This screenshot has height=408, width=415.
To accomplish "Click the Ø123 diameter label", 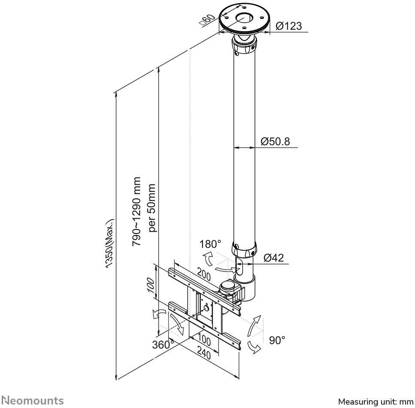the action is click(x=289, y=26).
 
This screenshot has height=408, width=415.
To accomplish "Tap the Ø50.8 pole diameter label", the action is click(x=275, y=141).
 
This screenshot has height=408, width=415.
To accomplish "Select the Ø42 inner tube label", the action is click(x=274, y=258).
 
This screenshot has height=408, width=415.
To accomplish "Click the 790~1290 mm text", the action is click(x=137, y=211).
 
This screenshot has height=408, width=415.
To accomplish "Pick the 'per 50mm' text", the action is click(x=151, y=208).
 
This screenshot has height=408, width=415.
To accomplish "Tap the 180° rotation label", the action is click(x=210, y=244).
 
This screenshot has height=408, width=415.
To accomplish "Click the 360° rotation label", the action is click(x=163, y=345).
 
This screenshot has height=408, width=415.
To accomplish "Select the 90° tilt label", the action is click(x=277, y=340).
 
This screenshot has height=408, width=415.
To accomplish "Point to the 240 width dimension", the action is click(x=204, y=354).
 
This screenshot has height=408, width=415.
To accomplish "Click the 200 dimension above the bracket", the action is click(x=204, y=275).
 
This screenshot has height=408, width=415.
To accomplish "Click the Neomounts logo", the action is click(x=33, y=401).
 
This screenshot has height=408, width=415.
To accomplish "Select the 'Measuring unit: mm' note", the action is click(x=376, y=402).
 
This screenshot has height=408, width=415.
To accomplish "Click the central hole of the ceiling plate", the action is click(x=244, y=19).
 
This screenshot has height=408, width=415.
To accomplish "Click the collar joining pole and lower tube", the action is click(x=244, y=249).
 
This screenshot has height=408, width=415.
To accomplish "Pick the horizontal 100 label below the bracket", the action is click(x=204, y=341).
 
